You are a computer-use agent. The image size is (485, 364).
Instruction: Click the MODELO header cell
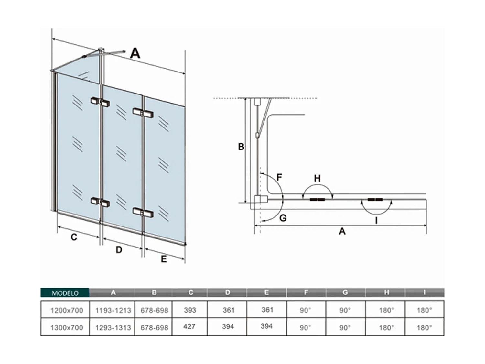coord(65,293)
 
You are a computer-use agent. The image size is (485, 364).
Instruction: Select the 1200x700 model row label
coord(67,310)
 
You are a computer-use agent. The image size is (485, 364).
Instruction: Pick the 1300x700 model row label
coord(67,327)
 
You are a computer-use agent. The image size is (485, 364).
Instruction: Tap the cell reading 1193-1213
coord(113,310)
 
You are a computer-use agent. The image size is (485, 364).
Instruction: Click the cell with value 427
coord(189,326)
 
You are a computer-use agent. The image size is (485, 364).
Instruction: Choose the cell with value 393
coord(190,310)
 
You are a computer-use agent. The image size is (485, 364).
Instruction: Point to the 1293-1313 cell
coord(113,327)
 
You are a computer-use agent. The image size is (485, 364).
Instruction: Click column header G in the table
coord(345,292)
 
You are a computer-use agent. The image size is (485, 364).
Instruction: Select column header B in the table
coord(154,292)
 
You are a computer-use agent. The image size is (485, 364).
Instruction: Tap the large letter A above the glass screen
coord(135,53)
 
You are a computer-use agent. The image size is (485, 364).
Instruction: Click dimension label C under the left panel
coord(74,237)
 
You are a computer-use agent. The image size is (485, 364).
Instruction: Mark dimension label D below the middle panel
coord(119,250)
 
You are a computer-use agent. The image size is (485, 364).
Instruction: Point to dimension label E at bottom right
coord(164,259)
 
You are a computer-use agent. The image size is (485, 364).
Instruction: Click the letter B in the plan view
coord(241,147)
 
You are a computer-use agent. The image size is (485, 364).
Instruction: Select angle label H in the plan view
coord(317,178)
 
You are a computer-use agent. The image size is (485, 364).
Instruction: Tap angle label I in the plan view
coord(376,221)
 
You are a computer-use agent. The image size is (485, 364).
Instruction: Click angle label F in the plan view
coord(279,177)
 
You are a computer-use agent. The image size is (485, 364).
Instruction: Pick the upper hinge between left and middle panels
coord(100,102)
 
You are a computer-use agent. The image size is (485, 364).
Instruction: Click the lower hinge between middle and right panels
coord(143,212)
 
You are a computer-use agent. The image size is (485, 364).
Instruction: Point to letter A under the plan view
coord(342,231)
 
